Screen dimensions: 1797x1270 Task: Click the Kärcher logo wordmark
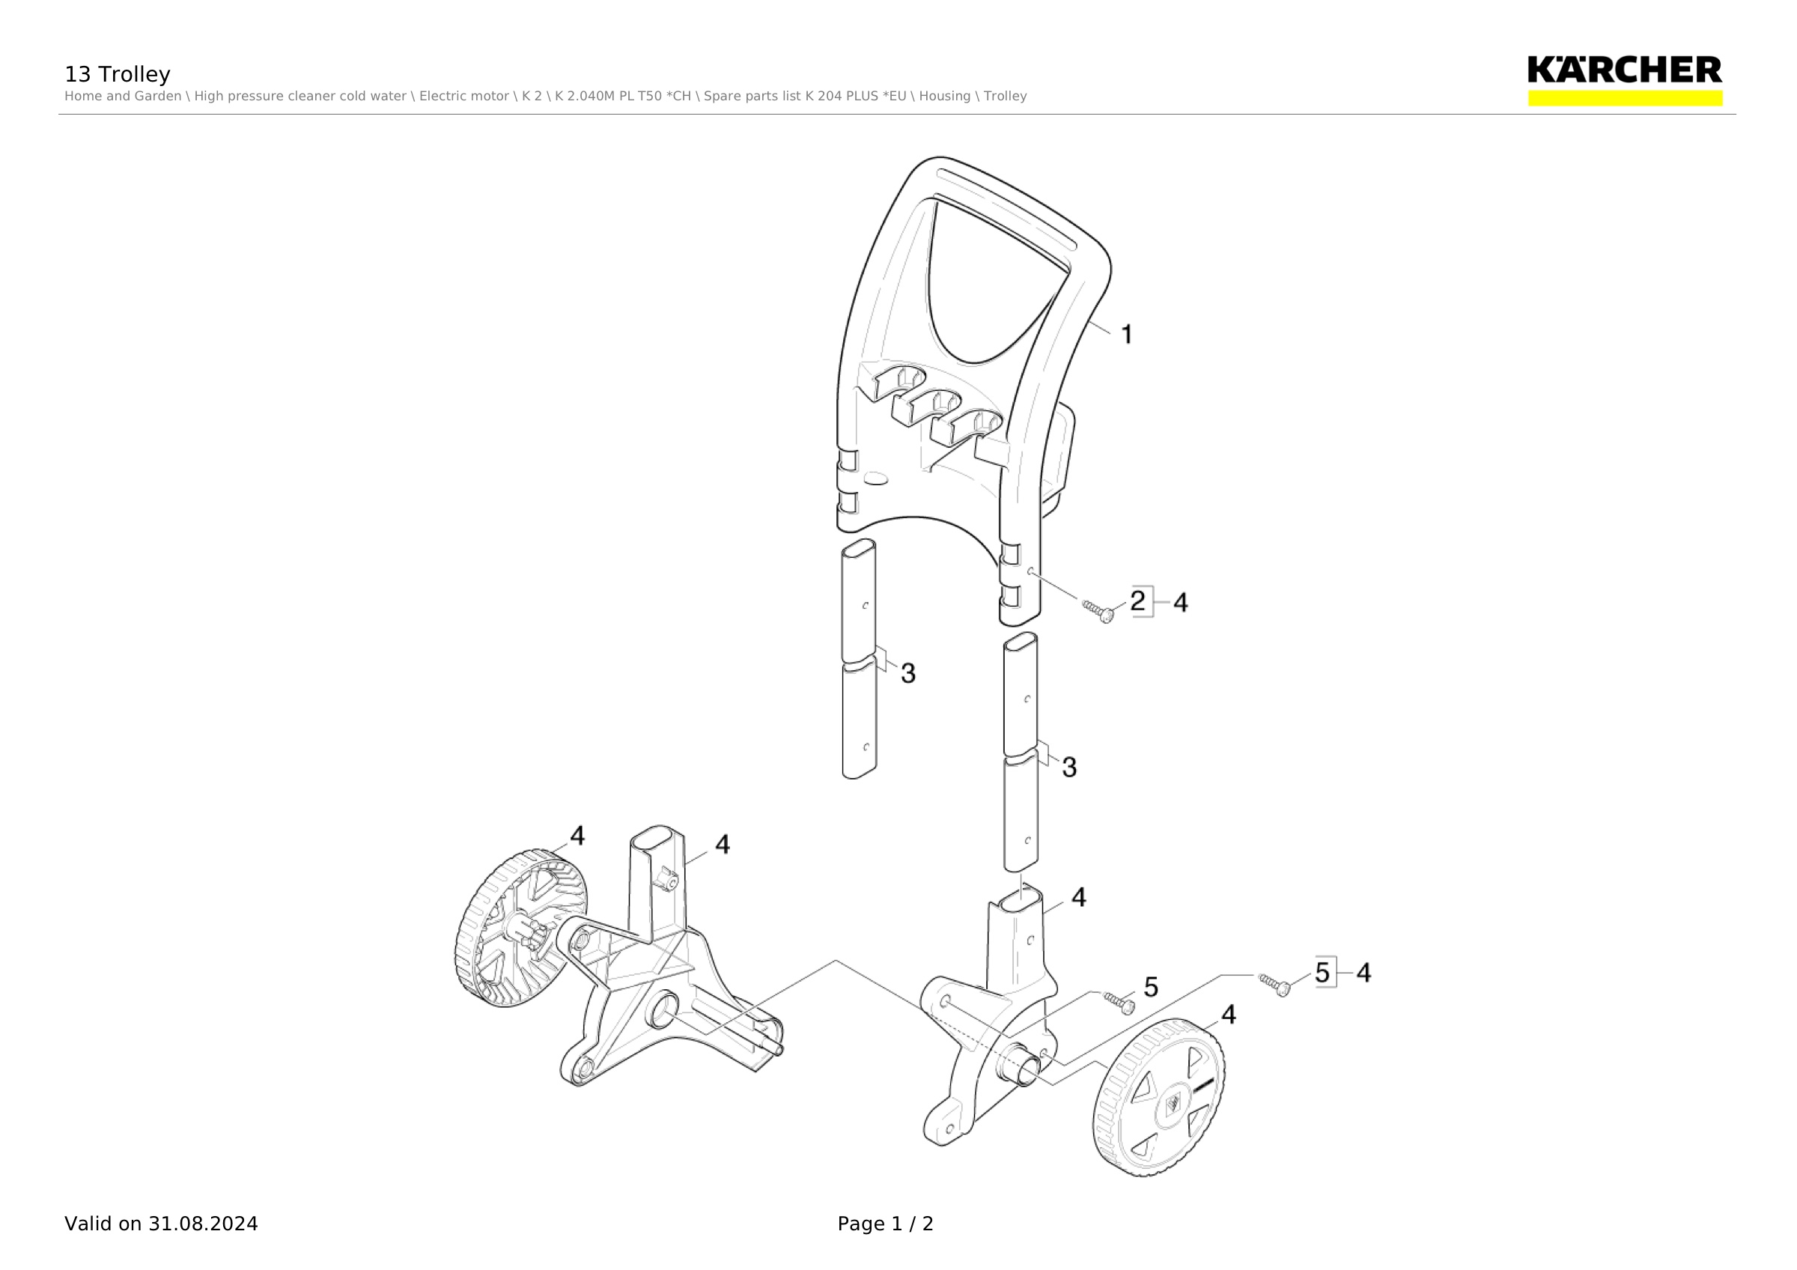pos(1625,70)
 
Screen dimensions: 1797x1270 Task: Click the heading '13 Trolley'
pos(118,74)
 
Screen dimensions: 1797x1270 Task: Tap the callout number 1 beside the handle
pos(1127,335)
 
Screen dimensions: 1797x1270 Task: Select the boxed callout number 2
pos(1138,601)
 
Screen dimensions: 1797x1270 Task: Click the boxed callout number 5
pos(1323,973)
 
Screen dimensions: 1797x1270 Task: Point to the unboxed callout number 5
pos(1152,988)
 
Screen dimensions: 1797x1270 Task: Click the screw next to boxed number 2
pos(1098,611)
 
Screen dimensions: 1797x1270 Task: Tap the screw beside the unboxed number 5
pos(1119,1003)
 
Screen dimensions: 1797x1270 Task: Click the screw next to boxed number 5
pos(1274,985)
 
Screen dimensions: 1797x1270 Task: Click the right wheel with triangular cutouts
pos(1159,1098)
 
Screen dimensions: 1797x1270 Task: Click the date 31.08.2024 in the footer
pos(203,1224)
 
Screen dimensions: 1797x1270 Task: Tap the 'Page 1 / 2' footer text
pos(885,1224)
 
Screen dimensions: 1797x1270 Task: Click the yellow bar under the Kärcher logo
pos(1625,98)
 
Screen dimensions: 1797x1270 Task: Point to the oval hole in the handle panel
pos(876,477)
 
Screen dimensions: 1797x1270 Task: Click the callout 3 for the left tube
pos(908,673)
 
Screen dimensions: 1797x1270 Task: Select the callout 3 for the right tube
pos(1069,767)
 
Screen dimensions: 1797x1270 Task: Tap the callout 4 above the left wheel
pos(577,836)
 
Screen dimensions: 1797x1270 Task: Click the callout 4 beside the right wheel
pos(1229,1014)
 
